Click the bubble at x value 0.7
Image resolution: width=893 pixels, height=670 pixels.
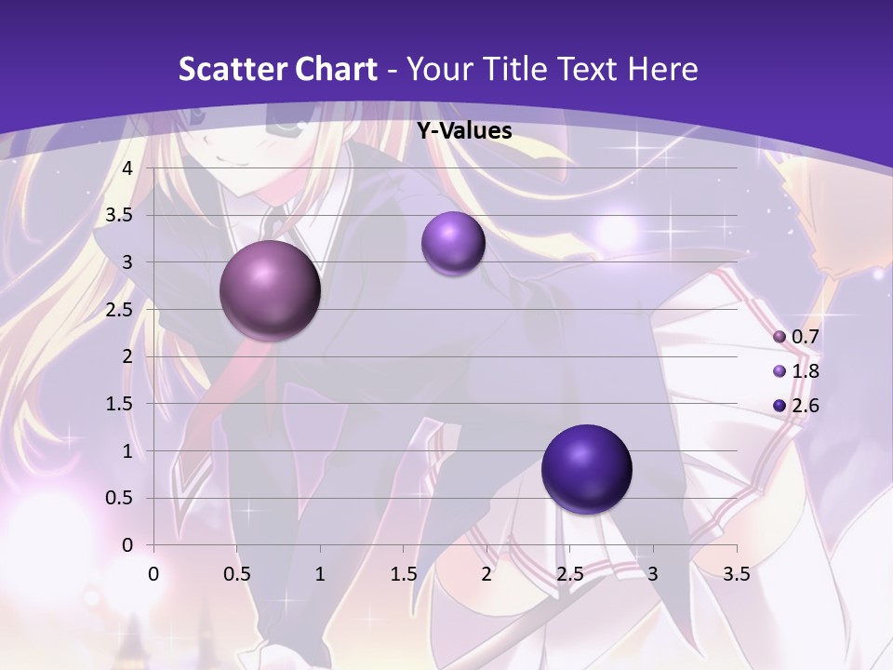point(271,290)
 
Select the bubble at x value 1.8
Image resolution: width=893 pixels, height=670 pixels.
point(453,243)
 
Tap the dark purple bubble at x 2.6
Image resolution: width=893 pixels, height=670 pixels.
point(586,469)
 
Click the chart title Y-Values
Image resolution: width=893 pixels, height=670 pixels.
point(463,131)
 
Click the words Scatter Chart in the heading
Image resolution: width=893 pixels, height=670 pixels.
point(277,69)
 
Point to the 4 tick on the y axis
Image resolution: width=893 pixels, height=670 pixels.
point(128,167)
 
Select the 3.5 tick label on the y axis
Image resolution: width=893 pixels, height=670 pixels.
point(121,215)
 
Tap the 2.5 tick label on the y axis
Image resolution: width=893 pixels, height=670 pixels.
point(121,309)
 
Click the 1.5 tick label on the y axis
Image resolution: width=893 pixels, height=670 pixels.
point(121,404)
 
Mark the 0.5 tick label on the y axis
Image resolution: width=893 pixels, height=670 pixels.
point(121,498)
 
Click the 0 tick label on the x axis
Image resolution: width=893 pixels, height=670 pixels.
point(153,573)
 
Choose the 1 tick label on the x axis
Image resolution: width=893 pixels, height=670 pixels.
point(320,573)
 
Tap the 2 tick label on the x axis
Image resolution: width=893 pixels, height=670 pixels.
point(486,573)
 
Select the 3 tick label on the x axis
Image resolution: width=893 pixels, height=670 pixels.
point(653,573)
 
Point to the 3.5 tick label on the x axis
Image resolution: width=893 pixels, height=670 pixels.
point(736,573)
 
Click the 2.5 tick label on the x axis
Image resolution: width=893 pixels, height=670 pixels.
point(569,573)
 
